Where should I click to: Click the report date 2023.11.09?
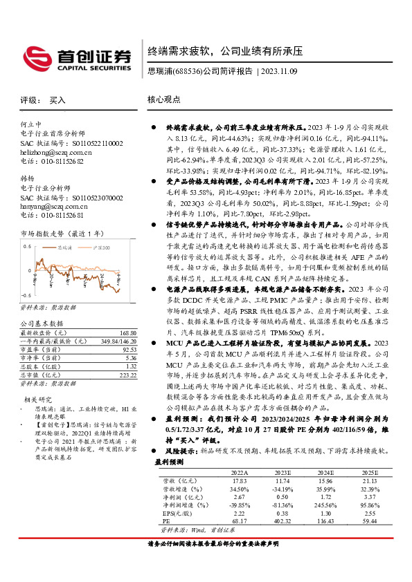pyautogui.click(x=280, y=71)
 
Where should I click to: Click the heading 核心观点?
pyautogui.click(x=164, y=100)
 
